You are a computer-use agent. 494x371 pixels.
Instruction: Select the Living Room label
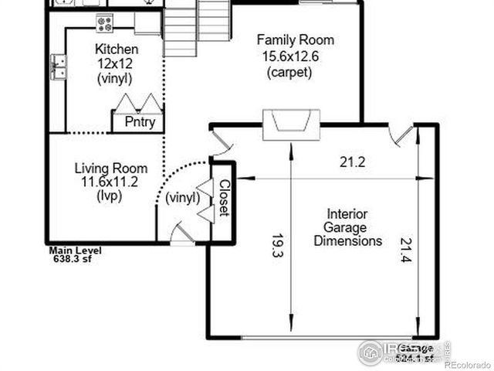[x=110, y=168]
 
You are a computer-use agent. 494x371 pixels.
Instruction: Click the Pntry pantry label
[x=140, y=122]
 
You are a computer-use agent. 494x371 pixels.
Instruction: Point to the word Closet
[x=224, y=198]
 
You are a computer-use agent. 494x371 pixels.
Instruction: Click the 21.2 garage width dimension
[x=353, y=162]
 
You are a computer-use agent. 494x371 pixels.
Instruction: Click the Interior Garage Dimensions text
[x=347, y=227]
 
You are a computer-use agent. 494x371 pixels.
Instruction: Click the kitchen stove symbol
[x=104, y=24]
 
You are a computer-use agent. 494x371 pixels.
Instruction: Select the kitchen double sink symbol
[x=58, y=67]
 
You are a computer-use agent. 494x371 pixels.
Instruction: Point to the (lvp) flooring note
[x=110, y=196]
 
